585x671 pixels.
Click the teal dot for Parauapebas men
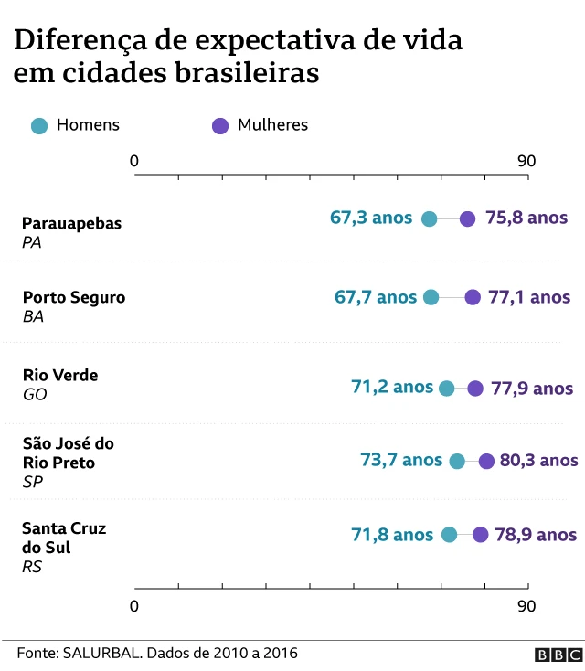[x=430, y=218]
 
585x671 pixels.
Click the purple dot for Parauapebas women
[x=467, y=218]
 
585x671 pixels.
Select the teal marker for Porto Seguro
[x=431, y=297]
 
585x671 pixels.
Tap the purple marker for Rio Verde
[x=475, y=388]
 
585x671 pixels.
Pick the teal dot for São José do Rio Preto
[x=457, y=462]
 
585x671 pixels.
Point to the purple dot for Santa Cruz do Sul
[x=481, y=535]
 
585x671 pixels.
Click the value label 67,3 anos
[x=372, y=218]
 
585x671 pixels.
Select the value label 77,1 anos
[x=530, y=297]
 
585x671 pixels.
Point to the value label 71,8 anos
[x=393, y=535]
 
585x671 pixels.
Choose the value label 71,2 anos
[x=392, y=387]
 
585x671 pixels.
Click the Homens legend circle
[x=39, y=126]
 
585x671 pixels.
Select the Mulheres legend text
[x=272, y=125]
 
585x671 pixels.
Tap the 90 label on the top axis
[x=526, y=162]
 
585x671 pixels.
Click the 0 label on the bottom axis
[x=135, y=606]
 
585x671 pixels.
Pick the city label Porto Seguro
[x=74, y=297]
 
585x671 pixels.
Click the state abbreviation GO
[x=34, y=395]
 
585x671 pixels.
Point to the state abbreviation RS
[x=32, y=567]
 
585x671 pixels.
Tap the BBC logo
[x=558, y=655]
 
